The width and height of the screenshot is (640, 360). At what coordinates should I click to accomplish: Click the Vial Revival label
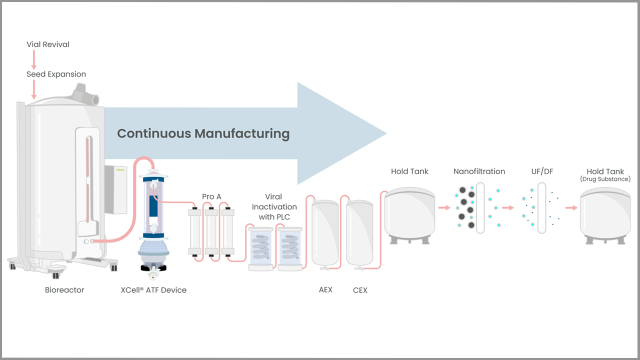48,44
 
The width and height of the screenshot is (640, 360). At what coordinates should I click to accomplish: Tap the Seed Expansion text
56,74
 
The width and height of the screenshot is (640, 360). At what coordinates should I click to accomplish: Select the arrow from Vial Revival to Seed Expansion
34,59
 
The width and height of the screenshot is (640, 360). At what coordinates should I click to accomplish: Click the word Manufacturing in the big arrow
242,133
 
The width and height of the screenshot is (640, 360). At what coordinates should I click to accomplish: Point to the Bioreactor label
64,290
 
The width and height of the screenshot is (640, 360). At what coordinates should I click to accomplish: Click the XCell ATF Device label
153,290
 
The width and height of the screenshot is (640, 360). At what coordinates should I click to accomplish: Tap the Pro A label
211,196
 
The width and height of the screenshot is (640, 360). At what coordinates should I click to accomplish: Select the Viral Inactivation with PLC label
274,207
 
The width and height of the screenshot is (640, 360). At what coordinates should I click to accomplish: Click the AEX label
325,289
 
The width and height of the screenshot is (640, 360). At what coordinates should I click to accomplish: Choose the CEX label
360,290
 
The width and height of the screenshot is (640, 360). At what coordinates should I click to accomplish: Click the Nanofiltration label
479,171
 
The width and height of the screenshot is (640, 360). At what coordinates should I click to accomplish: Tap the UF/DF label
542,171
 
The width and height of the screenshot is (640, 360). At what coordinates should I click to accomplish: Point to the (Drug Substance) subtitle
605,179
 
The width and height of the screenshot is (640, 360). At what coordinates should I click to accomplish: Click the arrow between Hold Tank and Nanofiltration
444,207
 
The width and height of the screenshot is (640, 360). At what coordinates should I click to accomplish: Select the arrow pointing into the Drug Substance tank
571,207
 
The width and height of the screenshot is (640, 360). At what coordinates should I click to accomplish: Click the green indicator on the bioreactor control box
120,170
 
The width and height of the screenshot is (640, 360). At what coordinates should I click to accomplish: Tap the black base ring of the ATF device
153,268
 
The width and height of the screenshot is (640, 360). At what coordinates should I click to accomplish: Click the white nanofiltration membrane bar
480,208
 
